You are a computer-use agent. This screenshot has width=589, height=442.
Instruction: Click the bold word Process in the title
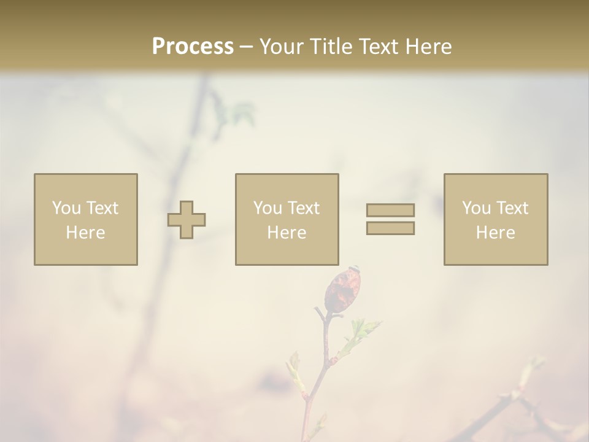click(x=193, y=47)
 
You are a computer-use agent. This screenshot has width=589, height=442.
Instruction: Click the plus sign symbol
click(x=187, y=220)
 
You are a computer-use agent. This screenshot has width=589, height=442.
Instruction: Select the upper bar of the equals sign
click(x=390, y=210)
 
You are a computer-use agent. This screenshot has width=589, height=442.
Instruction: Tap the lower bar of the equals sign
click(x=390, y=228)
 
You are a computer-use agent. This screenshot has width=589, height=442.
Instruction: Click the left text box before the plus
click(x=85, y=184)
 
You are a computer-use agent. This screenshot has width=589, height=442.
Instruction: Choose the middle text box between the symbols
click(x=287, y=184)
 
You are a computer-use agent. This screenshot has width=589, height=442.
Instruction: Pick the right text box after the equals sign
click(x=495, y=184)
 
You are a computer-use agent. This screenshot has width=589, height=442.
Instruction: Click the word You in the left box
click(x=66, y=208)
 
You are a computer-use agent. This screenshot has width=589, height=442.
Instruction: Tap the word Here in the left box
click(x=85, y=233)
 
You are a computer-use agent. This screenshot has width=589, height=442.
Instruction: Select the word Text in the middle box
click(x=304, y=208)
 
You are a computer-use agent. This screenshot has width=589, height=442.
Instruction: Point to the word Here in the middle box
click(x=287, y=233)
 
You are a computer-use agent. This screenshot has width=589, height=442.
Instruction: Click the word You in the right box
click(x=476, y=208)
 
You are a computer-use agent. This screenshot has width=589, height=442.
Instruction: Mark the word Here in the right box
click(x=495, y=233)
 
